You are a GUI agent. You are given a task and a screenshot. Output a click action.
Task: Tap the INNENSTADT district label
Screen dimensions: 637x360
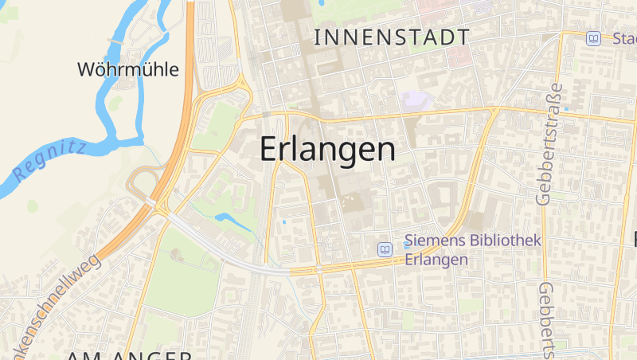coord(391,37)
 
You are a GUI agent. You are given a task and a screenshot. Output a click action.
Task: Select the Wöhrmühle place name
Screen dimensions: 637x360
coord(127,69)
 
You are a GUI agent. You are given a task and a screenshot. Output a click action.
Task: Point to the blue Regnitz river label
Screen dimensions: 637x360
coord(49,158)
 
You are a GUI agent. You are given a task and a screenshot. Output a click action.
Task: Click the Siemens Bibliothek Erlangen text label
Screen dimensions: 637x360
coord(472,249)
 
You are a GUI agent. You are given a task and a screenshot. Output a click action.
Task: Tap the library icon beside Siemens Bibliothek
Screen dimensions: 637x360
coord(385,249)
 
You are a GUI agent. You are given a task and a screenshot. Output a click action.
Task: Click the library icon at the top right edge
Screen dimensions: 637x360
coord(593,38)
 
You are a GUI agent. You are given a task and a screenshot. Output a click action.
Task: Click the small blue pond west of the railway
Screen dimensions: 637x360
coord(226,217)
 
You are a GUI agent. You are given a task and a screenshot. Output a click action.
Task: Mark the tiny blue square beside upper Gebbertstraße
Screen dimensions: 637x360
coord(567,108)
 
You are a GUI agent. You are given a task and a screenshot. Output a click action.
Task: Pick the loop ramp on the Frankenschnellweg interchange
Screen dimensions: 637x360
coord(141,182)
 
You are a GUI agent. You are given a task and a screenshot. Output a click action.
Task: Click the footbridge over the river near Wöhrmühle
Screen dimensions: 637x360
coord(116,40)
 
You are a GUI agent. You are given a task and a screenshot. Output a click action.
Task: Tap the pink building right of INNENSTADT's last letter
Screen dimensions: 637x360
coord(457,57)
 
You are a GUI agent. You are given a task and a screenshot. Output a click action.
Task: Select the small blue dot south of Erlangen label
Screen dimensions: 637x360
coord(283,222)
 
